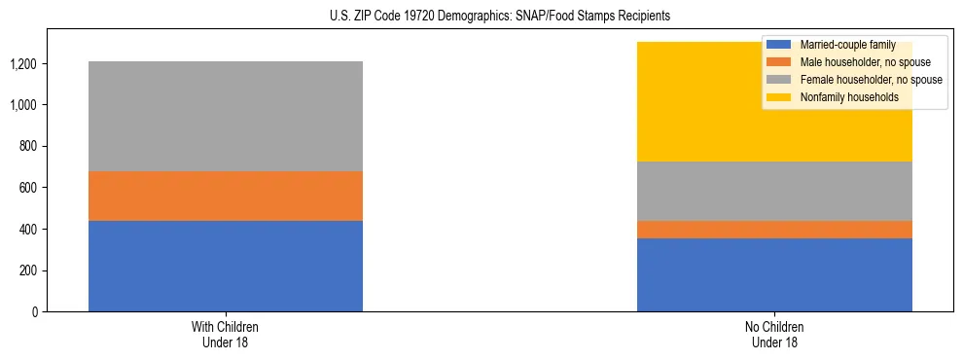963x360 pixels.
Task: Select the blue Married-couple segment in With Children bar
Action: pos(226,266)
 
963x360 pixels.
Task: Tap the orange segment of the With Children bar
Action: pos(226,196)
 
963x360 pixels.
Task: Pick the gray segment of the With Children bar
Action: pos(226,116)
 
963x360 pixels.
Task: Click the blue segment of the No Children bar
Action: pos(774,274)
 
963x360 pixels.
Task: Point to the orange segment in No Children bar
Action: pos(774,230)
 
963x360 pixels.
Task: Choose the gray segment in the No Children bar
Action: pos(774,191)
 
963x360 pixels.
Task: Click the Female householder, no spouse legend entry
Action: pos(870,80)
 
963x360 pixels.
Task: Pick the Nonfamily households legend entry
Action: pos(849,97)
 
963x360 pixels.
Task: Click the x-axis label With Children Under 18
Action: pos(226,334)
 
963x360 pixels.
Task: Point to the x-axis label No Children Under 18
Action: pos(774,334)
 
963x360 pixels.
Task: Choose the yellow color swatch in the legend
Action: pos(780,97)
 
